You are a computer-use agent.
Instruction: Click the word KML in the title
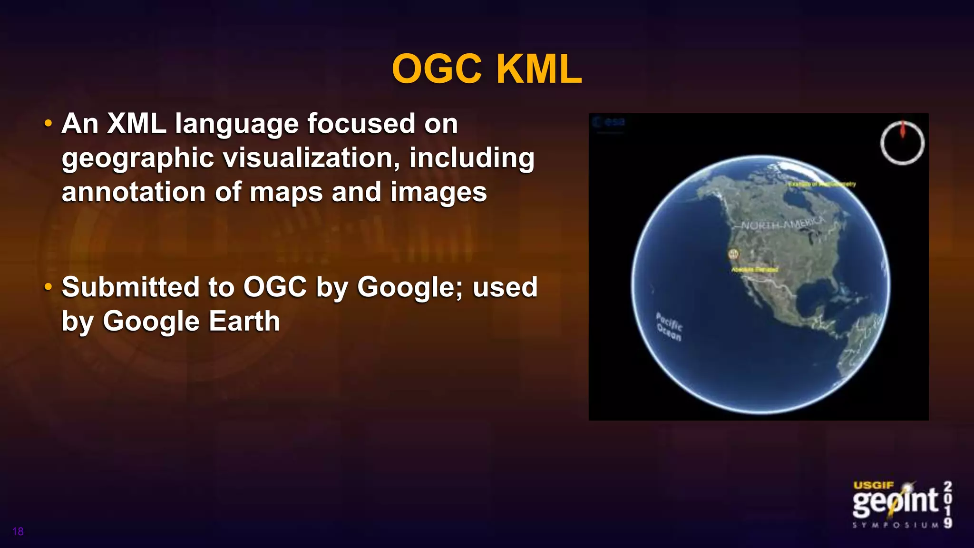(x=539, y=69)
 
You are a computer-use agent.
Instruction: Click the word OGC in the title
(x=437, y=69)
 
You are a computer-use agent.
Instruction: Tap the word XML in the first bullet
(x=136, y=124)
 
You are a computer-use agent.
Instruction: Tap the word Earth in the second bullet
(x=244, y=321)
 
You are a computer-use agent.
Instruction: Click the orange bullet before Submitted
(x=48, y=287)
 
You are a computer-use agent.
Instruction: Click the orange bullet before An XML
(x=48, y=124)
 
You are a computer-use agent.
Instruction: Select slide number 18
(x=18, y=531)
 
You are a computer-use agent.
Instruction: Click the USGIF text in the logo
(x=874, y=485)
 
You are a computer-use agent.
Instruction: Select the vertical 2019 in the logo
(x=948, y=504)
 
